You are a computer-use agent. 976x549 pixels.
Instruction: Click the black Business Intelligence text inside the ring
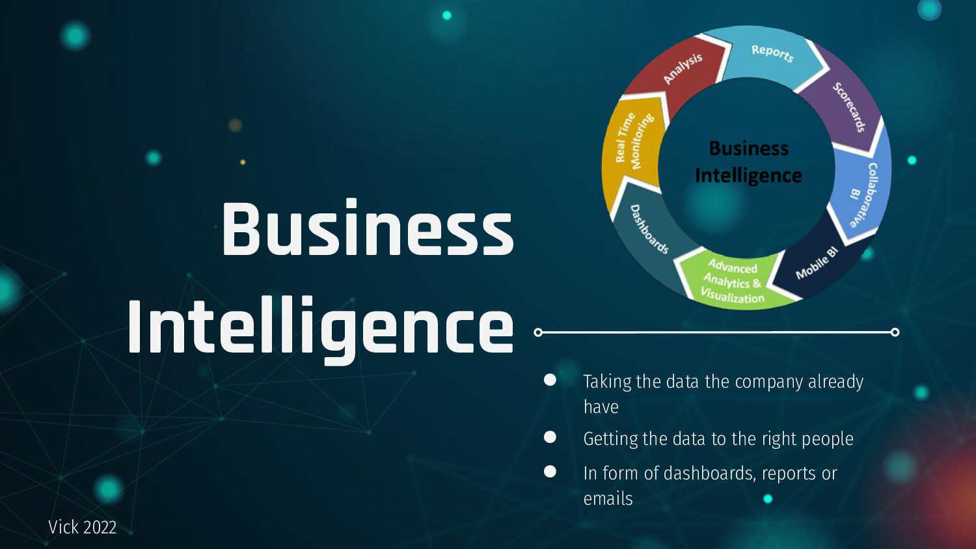[748, 162]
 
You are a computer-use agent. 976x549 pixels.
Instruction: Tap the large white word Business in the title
[368, 229]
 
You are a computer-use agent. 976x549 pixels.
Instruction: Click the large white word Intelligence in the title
[320, 327]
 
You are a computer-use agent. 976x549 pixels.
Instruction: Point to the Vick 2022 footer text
[82, 527]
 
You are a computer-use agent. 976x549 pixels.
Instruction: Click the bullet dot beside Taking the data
[550, 380]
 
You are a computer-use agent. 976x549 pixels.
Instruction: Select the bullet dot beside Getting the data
[550, 437]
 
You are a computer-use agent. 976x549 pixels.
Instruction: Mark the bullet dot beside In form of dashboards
[550, 472]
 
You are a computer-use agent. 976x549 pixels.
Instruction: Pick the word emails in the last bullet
[608, 499]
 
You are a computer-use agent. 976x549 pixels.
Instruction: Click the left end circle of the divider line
[537, 332]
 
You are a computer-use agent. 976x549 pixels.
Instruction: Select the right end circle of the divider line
[895, 332]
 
